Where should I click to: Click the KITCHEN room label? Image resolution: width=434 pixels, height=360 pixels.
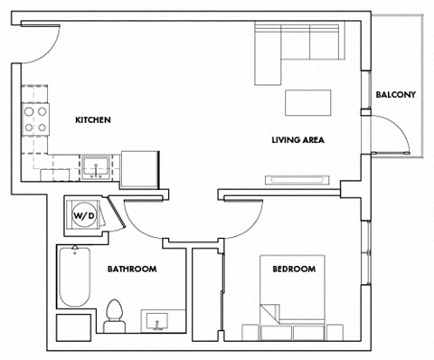click(93, 119)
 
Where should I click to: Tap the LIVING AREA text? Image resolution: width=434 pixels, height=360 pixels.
click(297, 140)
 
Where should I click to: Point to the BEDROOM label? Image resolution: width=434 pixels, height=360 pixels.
click(294, 269)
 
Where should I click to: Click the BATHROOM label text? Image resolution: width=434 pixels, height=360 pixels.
click(132, 269)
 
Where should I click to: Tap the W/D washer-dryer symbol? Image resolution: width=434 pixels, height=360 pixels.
click(82, 216)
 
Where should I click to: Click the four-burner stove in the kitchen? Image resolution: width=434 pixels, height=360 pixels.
click(35, 119)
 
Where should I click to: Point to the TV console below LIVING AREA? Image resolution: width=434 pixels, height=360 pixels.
click(297, 179)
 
